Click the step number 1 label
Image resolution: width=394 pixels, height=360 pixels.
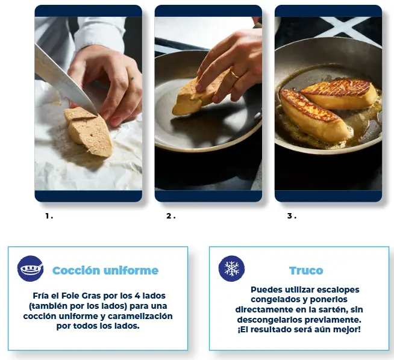click(x=49, y=216)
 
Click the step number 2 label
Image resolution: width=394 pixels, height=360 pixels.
click(x=171, y=216)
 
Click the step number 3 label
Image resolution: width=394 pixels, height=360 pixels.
click(x=292, y=216)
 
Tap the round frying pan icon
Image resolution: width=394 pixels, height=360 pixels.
click(x=30, y=268)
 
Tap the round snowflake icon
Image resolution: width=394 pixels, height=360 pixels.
click(x=231, y=268)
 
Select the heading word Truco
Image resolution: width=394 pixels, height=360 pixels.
click(x=306, y=271)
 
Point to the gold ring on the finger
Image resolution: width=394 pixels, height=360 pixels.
click(x=235, y=75)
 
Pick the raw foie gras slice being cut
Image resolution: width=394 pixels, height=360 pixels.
click(x=88, y=131)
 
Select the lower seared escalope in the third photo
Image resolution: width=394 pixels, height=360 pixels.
click(x=315, y=116)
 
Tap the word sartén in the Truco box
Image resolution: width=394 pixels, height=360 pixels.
click(x=328, y=309)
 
